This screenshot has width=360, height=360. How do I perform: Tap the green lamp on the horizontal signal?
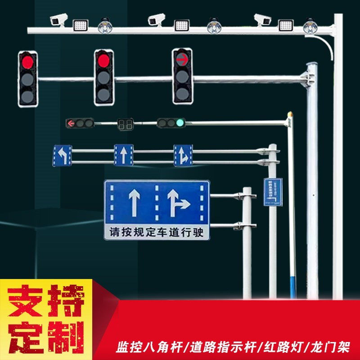coord(180,122)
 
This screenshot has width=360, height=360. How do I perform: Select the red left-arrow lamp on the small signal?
coord(71,123)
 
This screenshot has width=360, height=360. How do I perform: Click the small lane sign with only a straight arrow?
coord(124,155)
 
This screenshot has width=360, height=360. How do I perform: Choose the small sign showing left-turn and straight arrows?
coord(62,155)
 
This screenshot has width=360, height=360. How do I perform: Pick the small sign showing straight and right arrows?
coord(183,155)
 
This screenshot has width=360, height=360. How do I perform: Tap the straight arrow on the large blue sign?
coord(134,202)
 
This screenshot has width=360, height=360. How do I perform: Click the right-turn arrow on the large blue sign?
coord(178,202)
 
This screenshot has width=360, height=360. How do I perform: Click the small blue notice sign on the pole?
coord(273,192)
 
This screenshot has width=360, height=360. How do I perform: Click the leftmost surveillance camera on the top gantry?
coord(59,19)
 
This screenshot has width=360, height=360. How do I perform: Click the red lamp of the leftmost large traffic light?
coord(28,62)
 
